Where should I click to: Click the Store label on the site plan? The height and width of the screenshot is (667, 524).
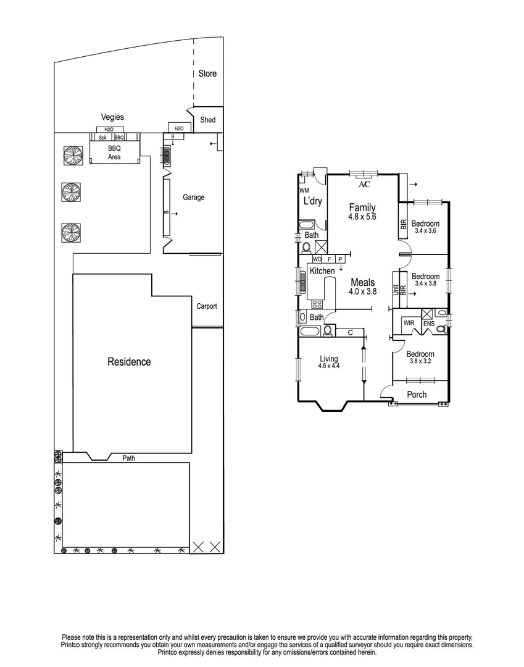207,73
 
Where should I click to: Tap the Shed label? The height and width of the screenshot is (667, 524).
208,120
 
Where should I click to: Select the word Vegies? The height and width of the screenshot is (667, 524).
113,117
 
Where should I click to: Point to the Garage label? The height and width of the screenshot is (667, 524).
193,198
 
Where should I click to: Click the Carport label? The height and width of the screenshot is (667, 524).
207,306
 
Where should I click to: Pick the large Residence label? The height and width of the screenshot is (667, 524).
129,362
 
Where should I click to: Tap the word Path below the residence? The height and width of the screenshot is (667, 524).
128,458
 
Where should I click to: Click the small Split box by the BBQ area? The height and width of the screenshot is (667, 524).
102,138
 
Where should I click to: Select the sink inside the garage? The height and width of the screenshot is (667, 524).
167,155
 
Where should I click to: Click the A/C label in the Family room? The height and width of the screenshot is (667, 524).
364,184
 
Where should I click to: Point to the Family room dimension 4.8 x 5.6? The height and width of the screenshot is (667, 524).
362,217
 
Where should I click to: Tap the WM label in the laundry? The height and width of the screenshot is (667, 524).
304,191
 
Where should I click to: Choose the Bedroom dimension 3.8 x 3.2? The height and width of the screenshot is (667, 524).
419,362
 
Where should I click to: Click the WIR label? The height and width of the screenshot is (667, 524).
408,323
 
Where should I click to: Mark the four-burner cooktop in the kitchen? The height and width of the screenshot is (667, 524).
317,303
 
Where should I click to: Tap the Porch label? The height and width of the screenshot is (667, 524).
417,395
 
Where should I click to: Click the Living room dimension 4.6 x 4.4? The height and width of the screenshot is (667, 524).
329,366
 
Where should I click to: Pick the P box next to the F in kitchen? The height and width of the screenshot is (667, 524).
339,259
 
